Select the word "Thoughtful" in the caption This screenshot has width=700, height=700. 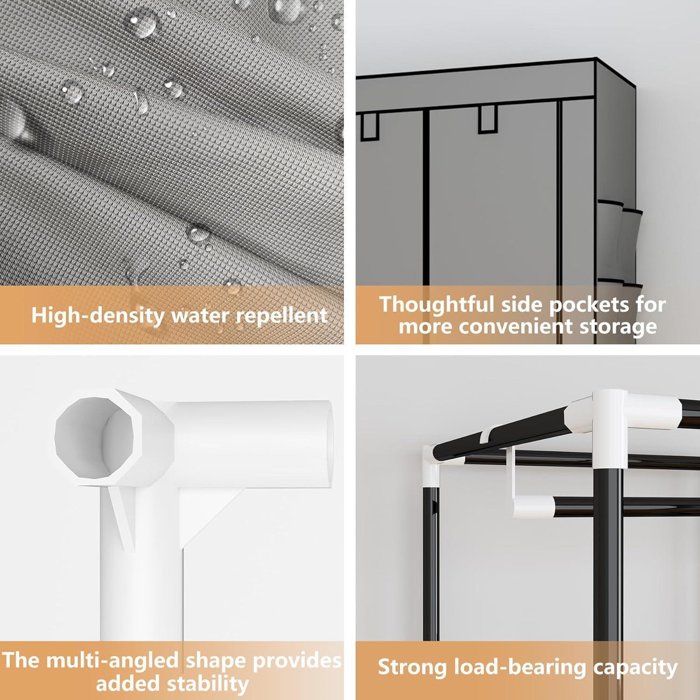[x=436, y=304]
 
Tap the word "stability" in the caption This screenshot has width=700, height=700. [x=208, y=684]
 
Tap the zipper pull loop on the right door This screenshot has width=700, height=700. [x=486, y=119]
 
